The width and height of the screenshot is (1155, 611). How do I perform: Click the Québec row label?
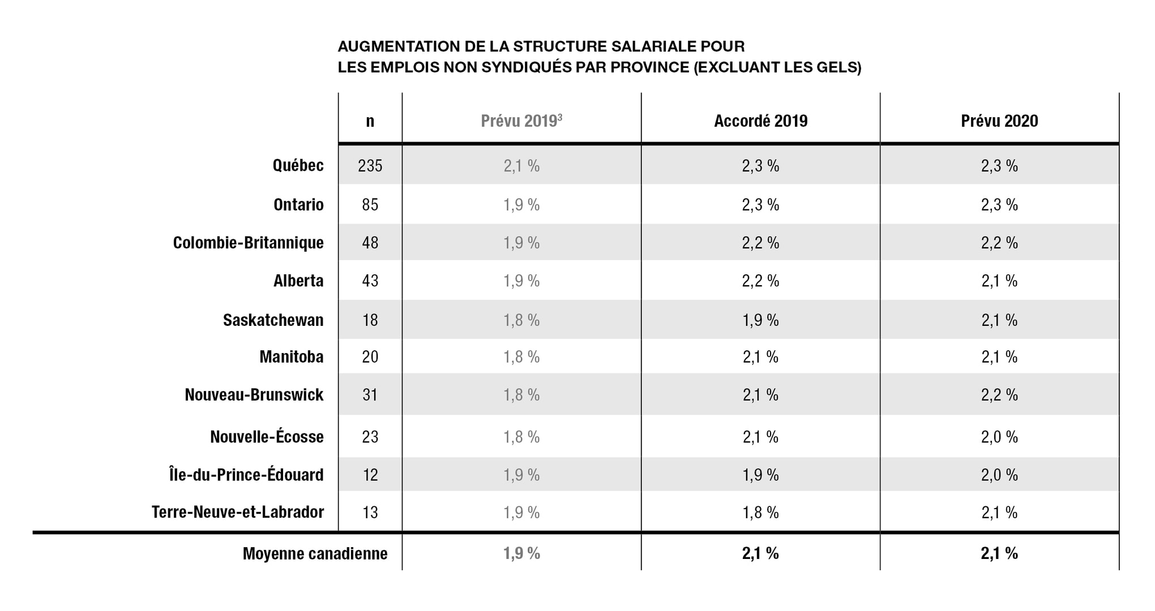tap(298, 166)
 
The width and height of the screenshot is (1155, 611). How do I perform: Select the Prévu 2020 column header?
tap(999, 121)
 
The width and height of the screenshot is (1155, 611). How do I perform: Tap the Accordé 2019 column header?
tap(760, 121)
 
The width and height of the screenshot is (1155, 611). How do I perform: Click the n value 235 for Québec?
tap(370, 166)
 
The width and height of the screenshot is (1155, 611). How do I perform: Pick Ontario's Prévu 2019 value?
tap(521, 204)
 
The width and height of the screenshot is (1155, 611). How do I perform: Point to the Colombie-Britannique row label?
tap(249, 243)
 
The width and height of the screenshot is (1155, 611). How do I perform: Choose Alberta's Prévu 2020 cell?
tap(999, 281)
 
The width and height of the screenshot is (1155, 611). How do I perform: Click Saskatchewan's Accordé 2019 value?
tap(760, 320)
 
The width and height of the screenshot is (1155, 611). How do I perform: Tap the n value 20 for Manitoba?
tap(370, 357)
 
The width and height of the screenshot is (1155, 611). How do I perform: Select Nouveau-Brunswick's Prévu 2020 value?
tap(999, 395)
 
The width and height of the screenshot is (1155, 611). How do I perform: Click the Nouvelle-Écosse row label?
tap(267, 437)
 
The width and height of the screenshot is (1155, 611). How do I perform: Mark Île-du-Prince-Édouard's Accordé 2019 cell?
tap(760, 475)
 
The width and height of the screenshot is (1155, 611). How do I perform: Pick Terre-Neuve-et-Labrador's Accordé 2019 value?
tap(760, 513)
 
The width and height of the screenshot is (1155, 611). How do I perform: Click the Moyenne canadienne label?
tap(315, 553)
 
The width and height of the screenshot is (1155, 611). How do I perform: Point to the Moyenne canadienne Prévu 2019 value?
tap(521, 553)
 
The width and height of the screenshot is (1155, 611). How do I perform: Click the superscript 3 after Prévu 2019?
tap(560, 116)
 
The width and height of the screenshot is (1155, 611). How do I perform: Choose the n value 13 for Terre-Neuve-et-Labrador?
tap(370, 513)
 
